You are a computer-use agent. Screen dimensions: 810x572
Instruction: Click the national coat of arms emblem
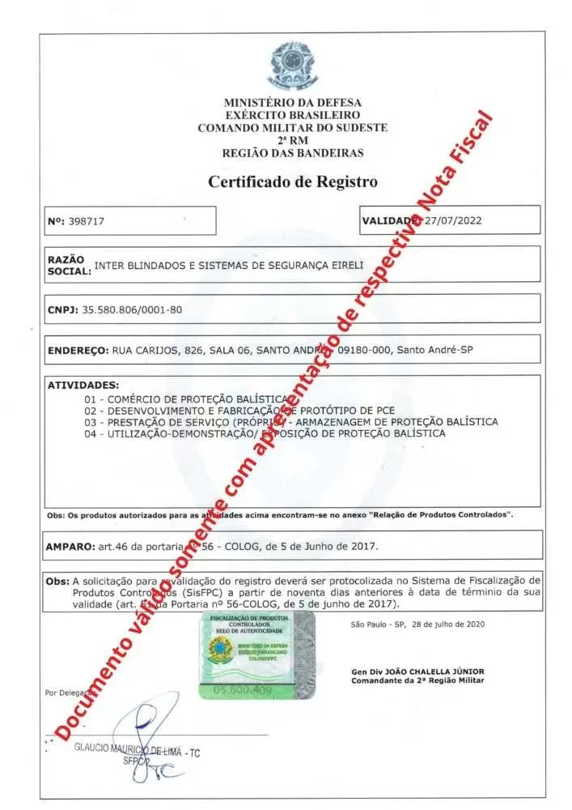pyautogui.click(x=293, y=63)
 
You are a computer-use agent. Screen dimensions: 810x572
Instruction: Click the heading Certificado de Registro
pyautogui.click(x=293, y=181)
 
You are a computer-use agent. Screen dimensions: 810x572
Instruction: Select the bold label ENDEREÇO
pyautogui.click(x=78, y=351)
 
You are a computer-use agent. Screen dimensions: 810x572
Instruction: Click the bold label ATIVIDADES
pyautogui.click(x=83, y=385)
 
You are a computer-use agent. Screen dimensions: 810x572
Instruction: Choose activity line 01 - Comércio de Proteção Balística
pyautogui.click(x=186, y=399)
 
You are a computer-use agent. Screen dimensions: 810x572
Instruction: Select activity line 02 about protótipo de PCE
pyautogui.click(x=239, y=411)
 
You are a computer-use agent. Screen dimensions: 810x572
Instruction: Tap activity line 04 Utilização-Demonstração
pyautogui.click(x=265, y=433)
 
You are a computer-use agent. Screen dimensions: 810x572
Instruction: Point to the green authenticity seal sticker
pyautogui.click(x=256, y=654)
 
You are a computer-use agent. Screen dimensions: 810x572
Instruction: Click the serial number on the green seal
pyautogui.click(x=242, y=690)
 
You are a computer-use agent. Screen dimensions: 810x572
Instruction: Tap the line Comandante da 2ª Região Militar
pyautogui.click(x=417, y=680)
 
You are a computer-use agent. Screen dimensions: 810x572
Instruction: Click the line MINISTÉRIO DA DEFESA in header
pyautogui.click(x=293, y=103)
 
